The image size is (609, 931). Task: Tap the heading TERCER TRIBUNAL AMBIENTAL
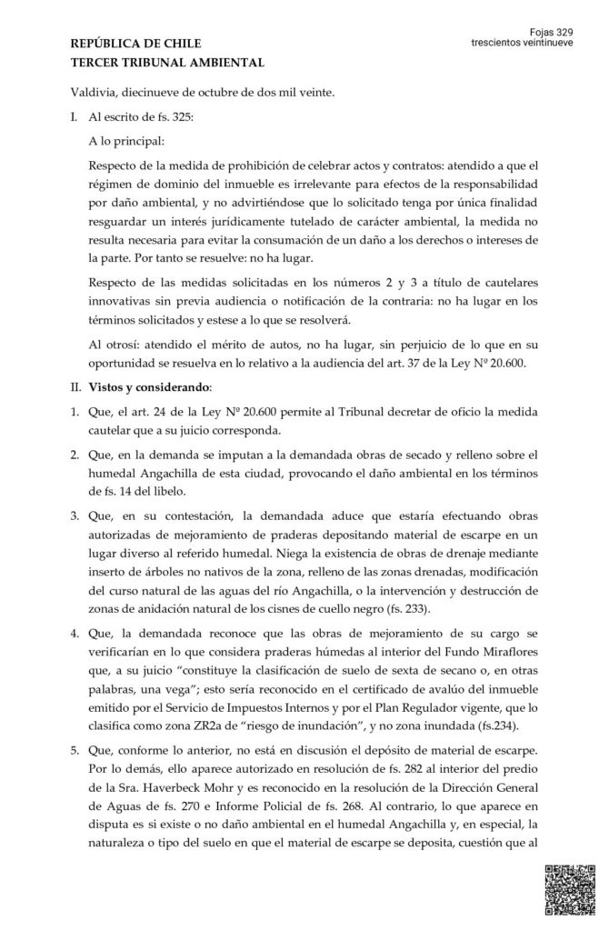tap(167, 62)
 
